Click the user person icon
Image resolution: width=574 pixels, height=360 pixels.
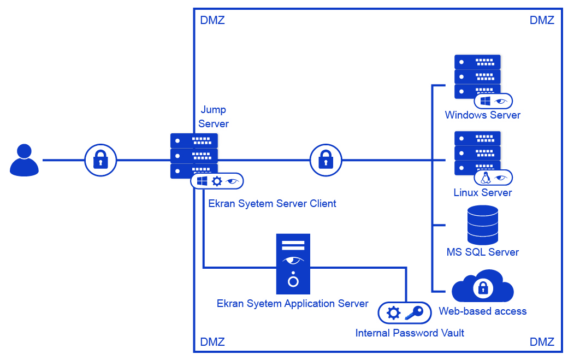click(x=25, y=160)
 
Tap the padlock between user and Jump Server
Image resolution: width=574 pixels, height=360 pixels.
click(x=100, y=160)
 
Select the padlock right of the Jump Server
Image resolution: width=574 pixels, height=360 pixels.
click(x=326, y=160)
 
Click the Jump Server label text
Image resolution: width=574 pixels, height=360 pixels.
click(x=214, y=117)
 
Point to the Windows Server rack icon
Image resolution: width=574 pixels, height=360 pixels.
click(x=477, y=76)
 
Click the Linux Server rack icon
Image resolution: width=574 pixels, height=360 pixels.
click(x=477, y=152)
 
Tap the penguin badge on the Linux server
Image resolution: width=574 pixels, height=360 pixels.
click(x=484, y=178)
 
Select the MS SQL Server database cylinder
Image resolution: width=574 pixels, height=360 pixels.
click(x=483, y=225)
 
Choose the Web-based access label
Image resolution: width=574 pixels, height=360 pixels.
click(x=483, y=311)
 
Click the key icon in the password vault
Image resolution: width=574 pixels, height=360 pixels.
click(x=413, y=313)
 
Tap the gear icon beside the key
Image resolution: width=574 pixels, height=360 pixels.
click(x=393, y=313)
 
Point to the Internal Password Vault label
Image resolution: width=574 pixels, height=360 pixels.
click(x=410, y=333)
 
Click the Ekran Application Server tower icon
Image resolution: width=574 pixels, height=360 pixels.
click(x=293, y=264)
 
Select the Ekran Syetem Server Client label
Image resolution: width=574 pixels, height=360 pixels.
click(x=272, y=204)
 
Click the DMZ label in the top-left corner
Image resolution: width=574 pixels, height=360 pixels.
click(x=212, y=21)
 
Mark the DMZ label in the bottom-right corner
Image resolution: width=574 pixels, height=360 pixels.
click(x=542, y=343)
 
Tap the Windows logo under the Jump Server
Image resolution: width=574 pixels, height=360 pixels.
click(x=202, y=181)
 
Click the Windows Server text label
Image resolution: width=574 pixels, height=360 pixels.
click(x=483, y=115)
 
